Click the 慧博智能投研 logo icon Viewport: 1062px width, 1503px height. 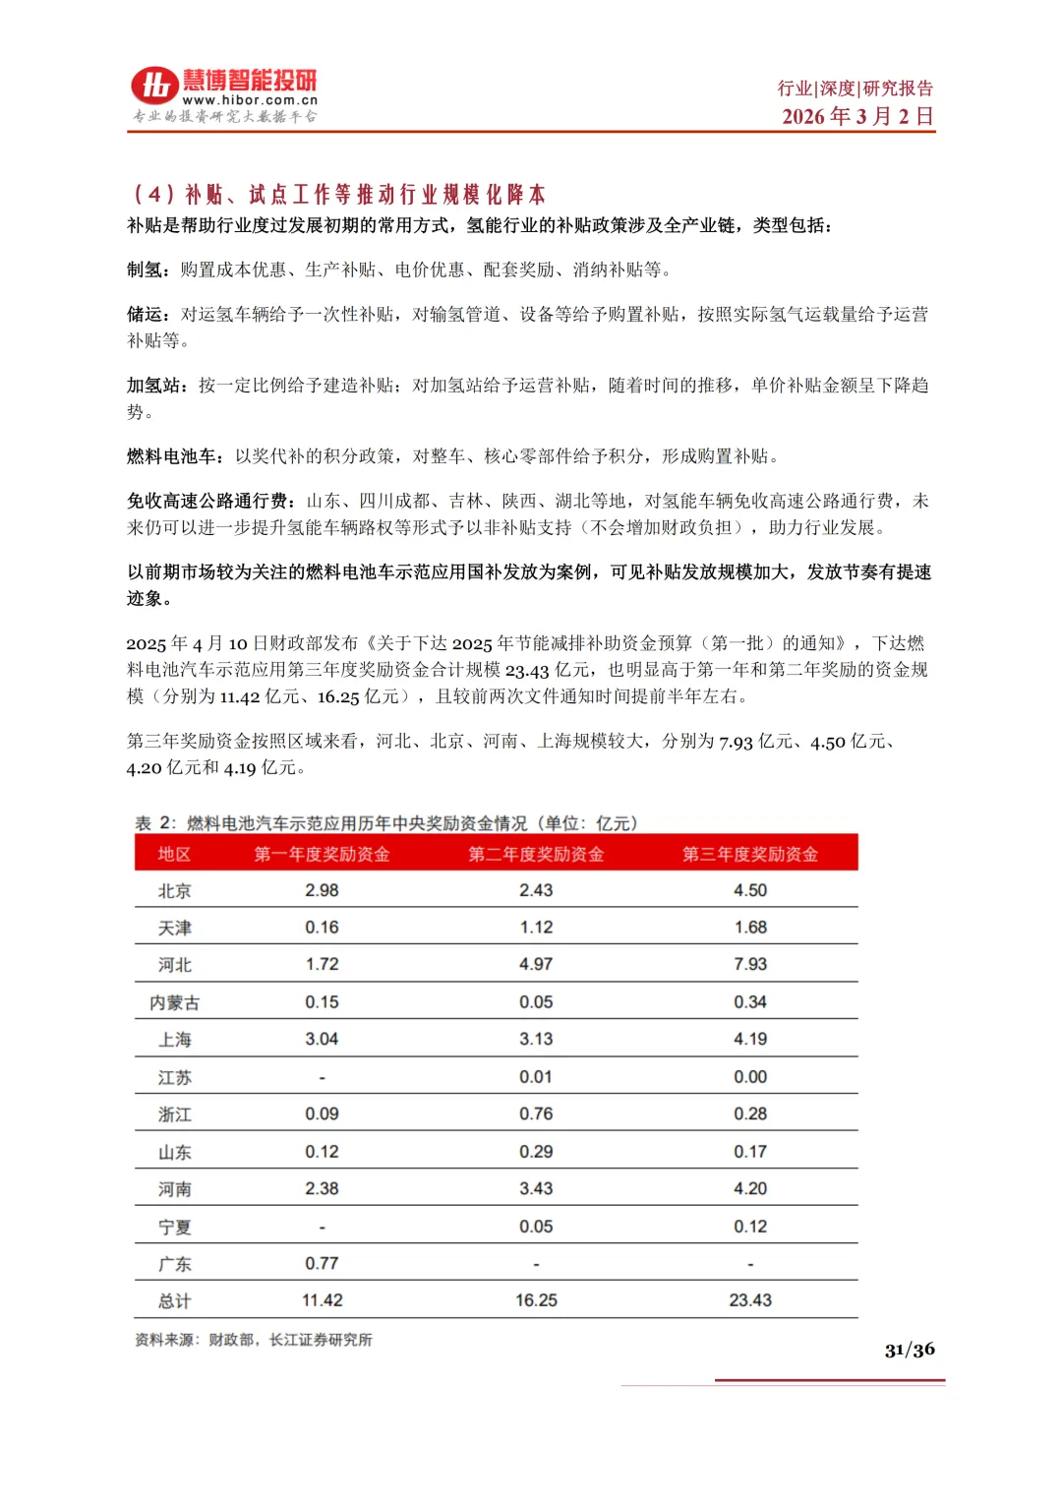tap(155, 86)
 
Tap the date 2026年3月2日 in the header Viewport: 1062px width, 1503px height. tap(857, 116)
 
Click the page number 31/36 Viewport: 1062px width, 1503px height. tap(910, 1350)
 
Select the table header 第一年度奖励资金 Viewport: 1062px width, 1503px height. tap(322, 854)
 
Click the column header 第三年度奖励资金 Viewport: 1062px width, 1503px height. tap(750, 854)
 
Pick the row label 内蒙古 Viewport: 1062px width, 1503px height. tap(174, 1002)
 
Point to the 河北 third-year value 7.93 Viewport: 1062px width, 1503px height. tap(750, 964)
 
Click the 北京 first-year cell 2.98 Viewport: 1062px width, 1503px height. tap(322, 890)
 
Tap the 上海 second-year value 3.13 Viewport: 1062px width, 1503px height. tap(536, 1039)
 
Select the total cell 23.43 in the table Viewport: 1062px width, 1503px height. tap(750, 1300)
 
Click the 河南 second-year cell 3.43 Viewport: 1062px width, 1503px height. tap(536, 1188)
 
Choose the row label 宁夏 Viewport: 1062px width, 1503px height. tap(174, 1227)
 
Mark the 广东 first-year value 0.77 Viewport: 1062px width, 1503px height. tap(322, 1263)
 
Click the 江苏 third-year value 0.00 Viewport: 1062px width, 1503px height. tap(750, 1077)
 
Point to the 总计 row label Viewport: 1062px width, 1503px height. tap(174, 1301)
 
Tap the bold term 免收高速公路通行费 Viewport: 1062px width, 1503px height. tap(206, 501)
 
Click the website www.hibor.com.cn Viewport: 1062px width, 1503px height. tap(250, 100)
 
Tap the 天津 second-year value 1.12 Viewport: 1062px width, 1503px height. tap(536, 927)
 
